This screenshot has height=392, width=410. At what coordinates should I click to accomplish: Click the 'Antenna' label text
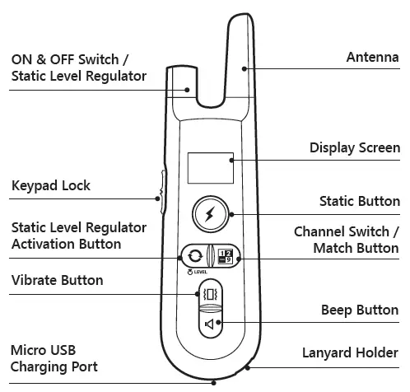pos(371,57)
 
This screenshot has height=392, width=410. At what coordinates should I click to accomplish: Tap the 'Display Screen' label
pos(354,148)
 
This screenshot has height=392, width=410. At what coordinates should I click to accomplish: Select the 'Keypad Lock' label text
pos(51,185)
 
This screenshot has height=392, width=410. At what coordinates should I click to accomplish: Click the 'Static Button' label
pos(359,201)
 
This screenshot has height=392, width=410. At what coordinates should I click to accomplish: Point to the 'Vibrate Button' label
pos(58,280)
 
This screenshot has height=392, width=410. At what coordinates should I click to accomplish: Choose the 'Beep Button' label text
pos(360,310)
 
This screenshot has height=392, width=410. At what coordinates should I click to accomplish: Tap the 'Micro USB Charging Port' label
pos(54,358)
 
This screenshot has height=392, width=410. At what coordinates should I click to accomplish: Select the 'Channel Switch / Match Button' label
pos(347,240)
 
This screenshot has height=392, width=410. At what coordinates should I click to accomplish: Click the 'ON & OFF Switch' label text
pos(70,59)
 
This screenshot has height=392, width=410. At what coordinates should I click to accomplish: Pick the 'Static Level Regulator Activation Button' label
pos(79,235)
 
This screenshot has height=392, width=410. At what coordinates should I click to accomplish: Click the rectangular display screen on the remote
pos(210,168)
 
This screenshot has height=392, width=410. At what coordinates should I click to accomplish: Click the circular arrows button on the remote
pos(194,256)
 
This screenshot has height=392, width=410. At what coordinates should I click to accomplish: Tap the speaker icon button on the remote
pos(209,323)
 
